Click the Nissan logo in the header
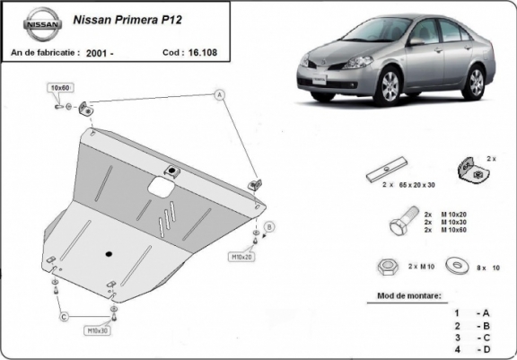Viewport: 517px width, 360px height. pos(37,26)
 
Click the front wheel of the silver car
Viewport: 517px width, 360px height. pos(390,88)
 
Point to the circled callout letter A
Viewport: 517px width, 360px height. pos(219,94)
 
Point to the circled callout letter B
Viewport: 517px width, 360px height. pos(268,226)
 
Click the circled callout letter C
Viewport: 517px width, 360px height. pos(65,316)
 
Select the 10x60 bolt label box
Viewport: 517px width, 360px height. pos(61,88)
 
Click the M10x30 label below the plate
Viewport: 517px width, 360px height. pos(98,331)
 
